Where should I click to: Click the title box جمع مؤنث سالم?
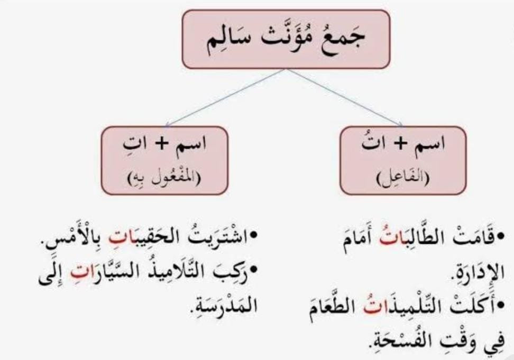pyautogui.click(x=286, y=39)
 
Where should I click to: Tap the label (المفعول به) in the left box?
pyautogui.click(x=164, y=179)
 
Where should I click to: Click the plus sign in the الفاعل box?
pyautogui.click(x=400, y=144)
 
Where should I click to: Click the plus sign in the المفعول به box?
pyautogui.click(x=161, y=144)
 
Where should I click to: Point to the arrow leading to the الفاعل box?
pyautogui.click(x=345, y=97)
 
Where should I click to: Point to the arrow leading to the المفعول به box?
pyautogui.click(x=226, y=97)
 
